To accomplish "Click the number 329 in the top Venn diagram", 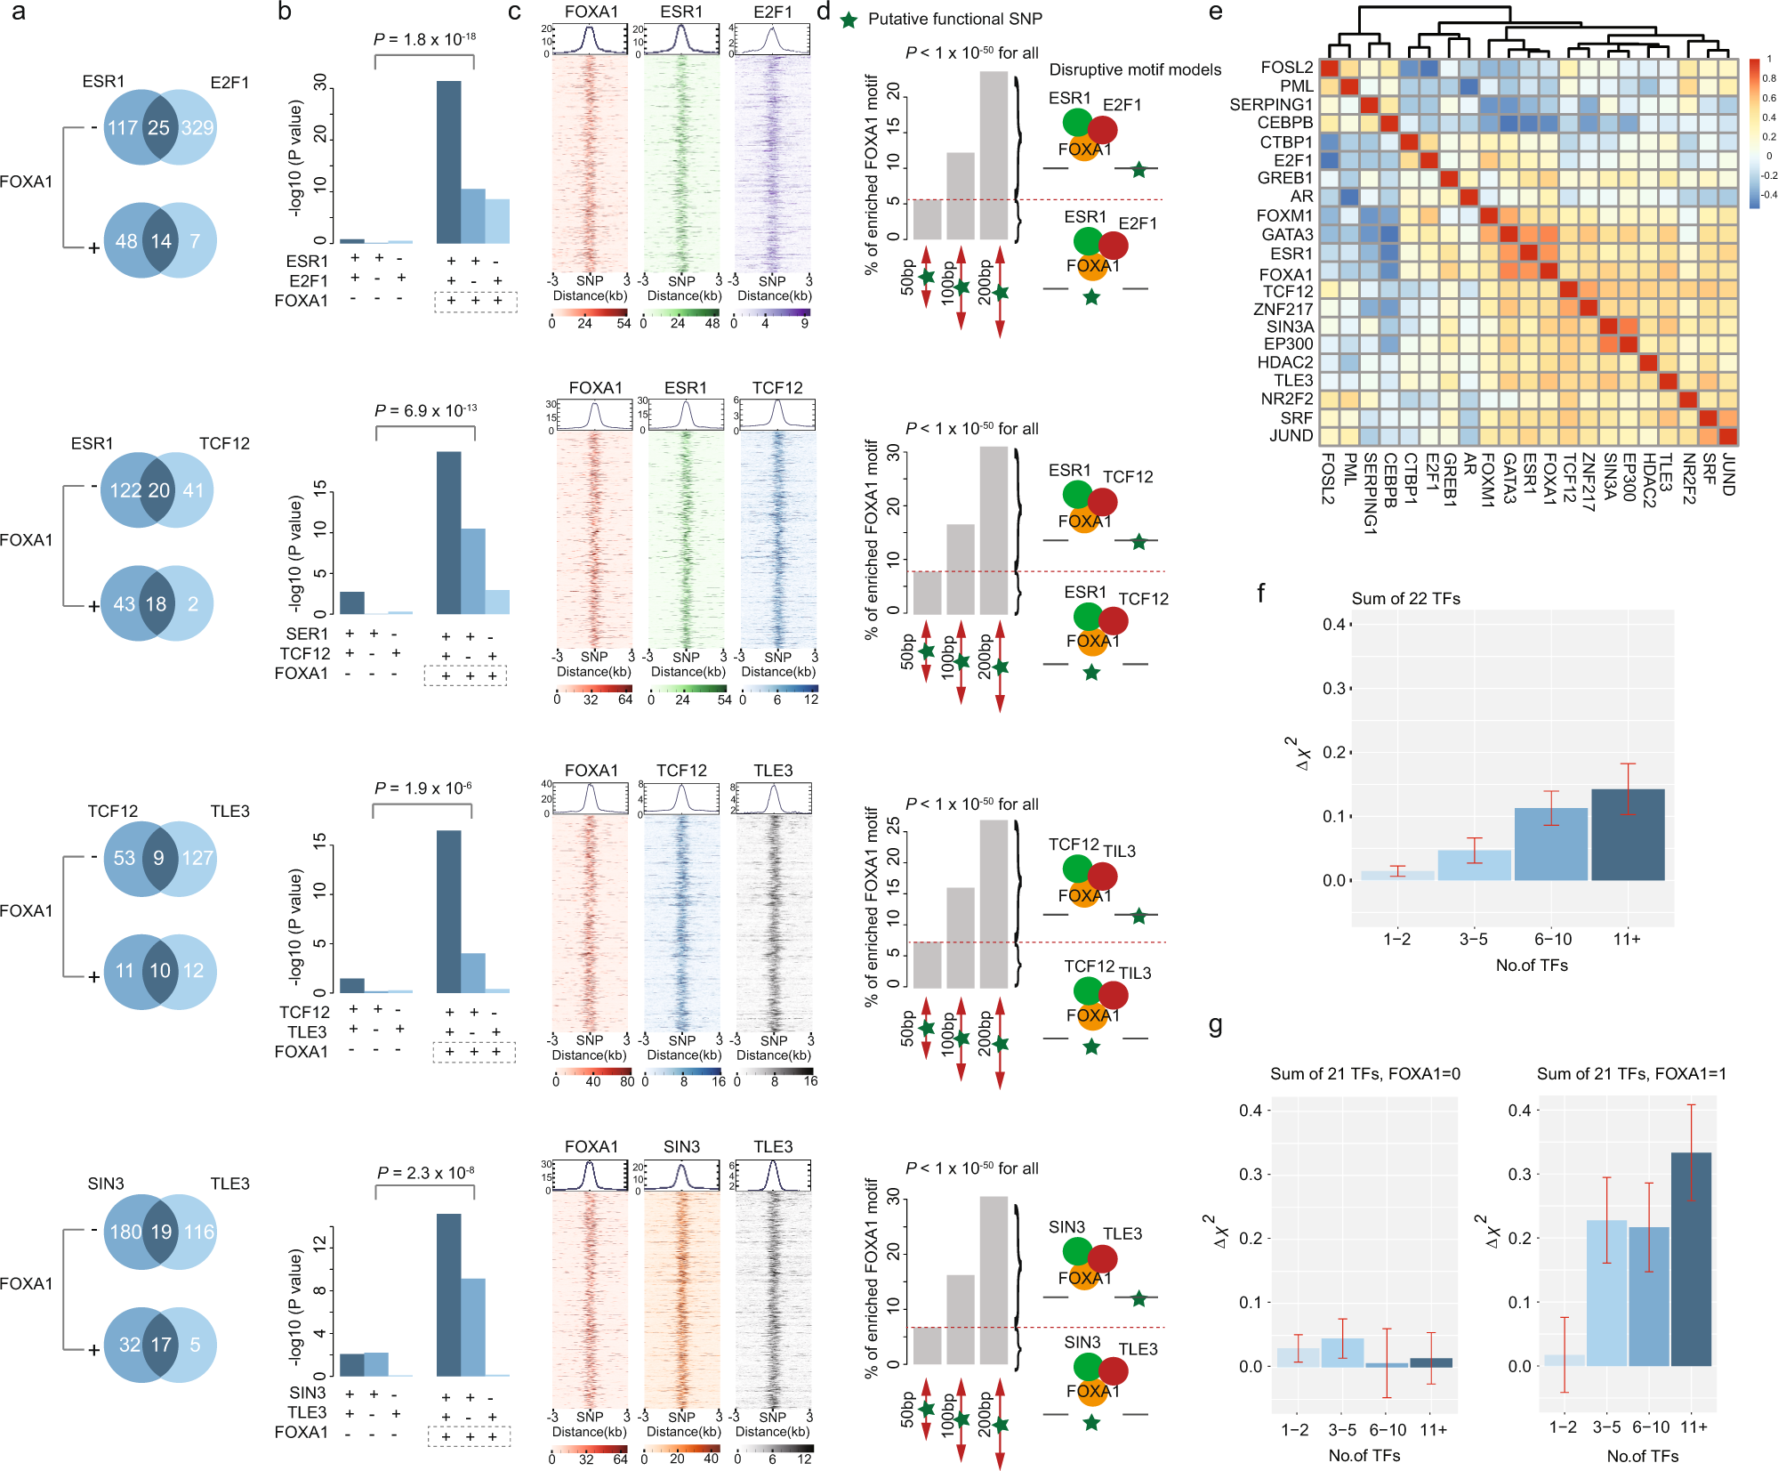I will point(197,127).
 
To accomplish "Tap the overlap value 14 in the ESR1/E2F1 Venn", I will point(161,241).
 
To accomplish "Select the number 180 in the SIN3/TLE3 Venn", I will point(125,1232).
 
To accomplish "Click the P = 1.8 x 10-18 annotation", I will point(424,39).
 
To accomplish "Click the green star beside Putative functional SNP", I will point(849,20).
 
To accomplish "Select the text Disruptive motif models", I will point(1135,69).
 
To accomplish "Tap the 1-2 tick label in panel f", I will point(1396,939).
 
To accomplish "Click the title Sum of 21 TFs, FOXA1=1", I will point(1631,1074).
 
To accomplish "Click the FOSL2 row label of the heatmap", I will point(1286,68).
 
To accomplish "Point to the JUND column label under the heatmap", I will point(1728,475).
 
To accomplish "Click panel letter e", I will point(1215,12).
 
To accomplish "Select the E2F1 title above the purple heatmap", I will point(772,12).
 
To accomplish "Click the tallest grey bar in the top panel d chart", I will point(994,156).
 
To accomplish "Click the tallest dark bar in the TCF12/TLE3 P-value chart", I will point(449,911).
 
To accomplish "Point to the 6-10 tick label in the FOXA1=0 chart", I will point(1387,1430).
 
